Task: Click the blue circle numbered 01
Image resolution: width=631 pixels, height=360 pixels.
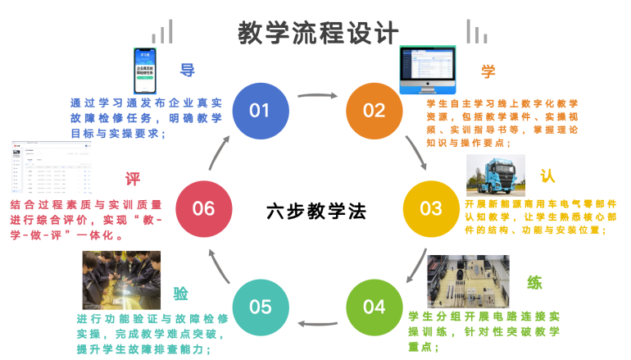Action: pos(259,110)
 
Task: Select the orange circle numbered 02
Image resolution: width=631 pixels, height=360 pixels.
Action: pos(374,110)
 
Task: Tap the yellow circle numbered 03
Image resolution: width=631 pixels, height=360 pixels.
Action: pos(431,208)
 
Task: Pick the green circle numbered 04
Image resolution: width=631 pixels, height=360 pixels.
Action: pos(374,307)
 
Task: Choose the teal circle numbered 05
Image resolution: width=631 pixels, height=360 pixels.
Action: pos(260,307)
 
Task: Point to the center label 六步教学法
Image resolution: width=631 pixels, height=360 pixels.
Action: pos(316,211)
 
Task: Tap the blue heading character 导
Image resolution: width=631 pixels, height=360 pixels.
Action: pos(188,71)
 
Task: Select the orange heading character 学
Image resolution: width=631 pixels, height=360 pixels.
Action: pos(489,71)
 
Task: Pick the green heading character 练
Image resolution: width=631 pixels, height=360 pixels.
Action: pos(534,284)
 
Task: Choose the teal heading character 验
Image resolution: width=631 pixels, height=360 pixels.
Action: pos(181,294)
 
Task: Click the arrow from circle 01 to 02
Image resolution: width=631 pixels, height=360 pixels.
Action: pos(316,97)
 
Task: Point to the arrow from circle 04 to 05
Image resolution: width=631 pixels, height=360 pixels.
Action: pos(316,324)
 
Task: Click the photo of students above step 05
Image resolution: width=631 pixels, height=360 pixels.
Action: pos(120,280)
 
